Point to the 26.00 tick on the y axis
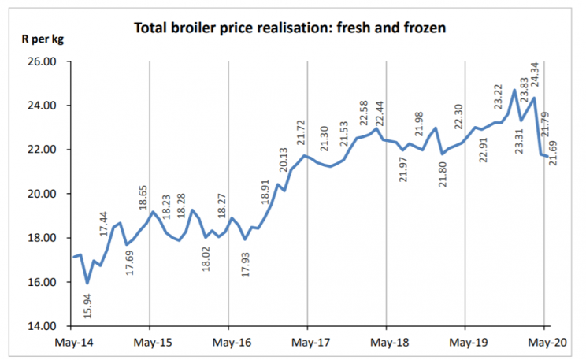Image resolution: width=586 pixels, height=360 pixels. pyautogui.click(x=44, y=61)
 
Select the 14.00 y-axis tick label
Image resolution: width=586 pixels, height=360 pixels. pyautogui.click(x=44, y=326)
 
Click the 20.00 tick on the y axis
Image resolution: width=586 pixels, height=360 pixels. pyautogui.click(x=44, y=194)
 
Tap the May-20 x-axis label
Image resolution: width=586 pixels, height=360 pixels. pyautogui.click(x=546, y=343)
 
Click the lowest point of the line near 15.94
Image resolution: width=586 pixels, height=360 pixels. pyautogui.click(x=87, y=282)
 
